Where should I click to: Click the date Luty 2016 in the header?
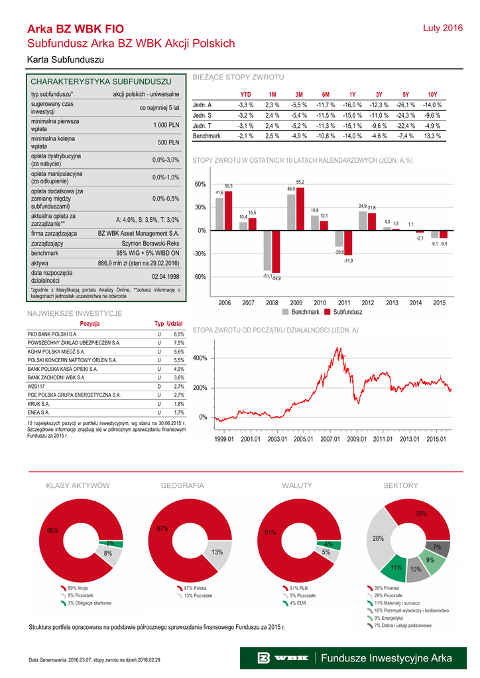pos(442,28)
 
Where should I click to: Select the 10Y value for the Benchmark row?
pos(432,136)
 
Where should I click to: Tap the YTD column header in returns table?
pos(245,95)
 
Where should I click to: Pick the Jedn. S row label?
pos(202,115)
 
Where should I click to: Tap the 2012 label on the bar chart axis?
pos(368,303)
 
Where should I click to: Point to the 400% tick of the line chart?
pos(200,358)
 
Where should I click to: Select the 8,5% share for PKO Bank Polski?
pos(178,334)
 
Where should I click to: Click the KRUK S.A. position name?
pos(39,403)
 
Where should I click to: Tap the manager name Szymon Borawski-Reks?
pos(150,243)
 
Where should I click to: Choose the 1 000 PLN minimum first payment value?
pos(166,125)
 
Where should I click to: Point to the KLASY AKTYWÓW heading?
pos(77,486)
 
